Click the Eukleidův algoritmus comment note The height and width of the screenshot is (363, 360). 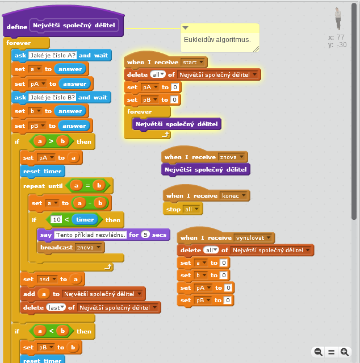click(220, 40)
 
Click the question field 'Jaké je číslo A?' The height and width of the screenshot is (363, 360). click(52, 55)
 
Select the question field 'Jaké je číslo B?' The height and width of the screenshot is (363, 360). click(52, 97)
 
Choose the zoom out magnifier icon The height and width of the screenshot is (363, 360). click(319, 352)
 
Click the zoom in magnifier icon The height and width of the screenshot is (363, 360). click(344, 352)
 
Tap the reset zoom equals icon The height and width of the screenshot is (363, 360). click(331, 352)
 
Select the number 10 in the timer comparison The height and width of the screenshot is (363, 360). click(57, 220)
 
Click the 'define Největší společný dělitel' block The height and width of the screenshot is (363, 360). click(17, 26)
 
